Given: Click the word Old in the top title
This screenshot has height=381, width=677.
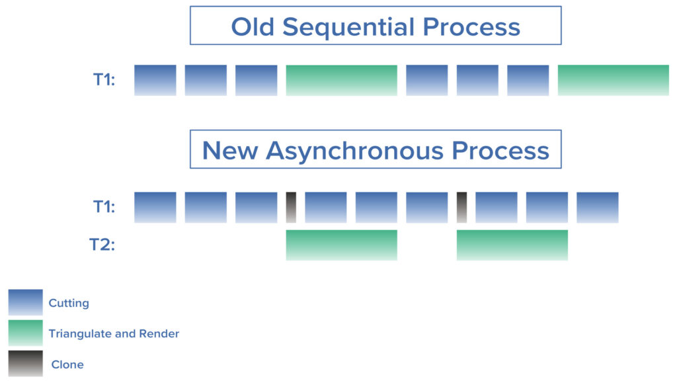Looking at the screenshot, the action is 253,26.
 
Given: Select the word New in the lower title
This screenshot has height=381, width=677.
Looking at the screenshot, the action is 229,151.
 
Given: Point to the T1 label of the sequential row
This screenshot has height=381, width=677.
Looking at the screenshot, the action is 104,80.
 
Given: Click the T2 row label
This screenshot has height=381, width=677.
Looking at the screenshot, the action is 102,245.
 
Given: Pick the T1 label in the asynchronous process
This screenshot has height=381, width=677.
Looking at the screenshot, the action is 104,207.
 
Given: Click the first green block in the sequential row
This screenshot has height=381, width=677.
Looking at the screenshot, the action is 342,80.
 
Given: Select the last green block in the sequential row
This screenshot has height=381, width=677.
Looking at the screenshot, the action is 613,80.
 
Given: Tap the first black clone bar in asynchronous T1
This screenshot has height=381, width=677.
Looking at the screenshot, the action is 291,207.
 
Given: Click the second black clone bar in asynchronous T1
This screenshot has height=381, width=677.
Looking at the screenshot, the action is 462,207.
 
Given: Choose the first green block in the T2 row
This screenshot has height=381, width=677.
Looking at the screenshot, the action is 342,245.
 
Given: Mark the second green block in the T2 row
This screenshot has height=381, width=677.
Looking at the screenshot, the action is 512,245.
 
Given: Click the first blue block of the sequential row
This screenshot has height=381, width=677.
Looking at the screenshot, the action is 155,80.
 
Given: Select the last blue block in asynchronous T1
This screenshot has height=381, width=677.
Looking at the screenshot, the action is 598,207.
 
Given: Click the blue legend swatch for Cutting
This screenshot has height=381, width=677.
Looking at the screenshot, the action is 26,302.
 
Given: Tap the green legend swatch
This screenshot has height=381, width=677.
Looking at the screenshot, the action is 26,333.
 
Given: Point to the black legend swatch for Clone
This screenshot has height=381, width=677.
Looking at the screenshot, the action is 26,363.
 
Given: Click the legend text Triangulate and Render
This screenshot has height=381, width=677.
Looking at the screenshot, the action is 114,334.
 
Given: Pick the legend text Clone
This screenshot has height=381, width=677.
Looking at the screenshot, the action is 67,364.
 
